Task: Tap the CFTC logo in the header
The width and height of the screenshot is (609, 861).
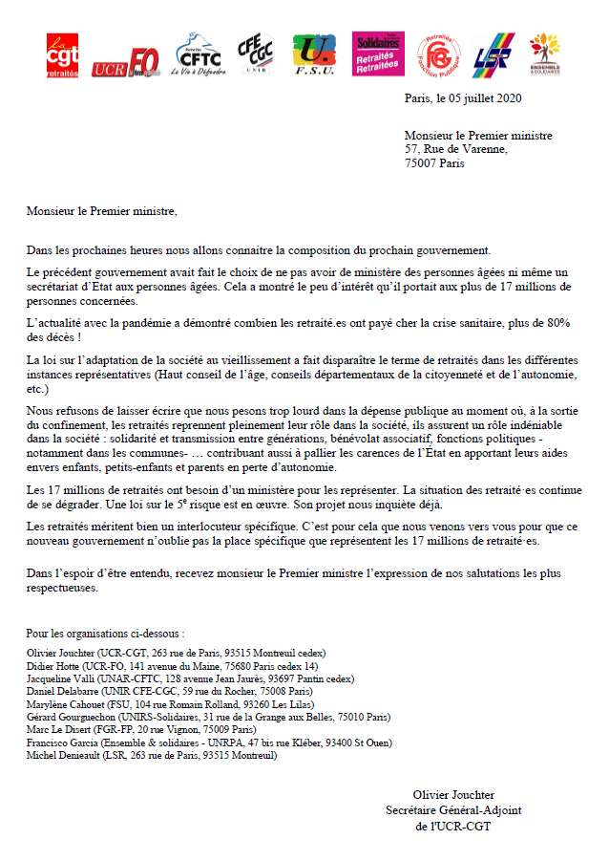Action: point(196,55)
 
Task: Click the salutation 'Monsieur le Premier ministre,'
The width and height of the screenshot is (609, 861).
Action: point(102,211)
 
